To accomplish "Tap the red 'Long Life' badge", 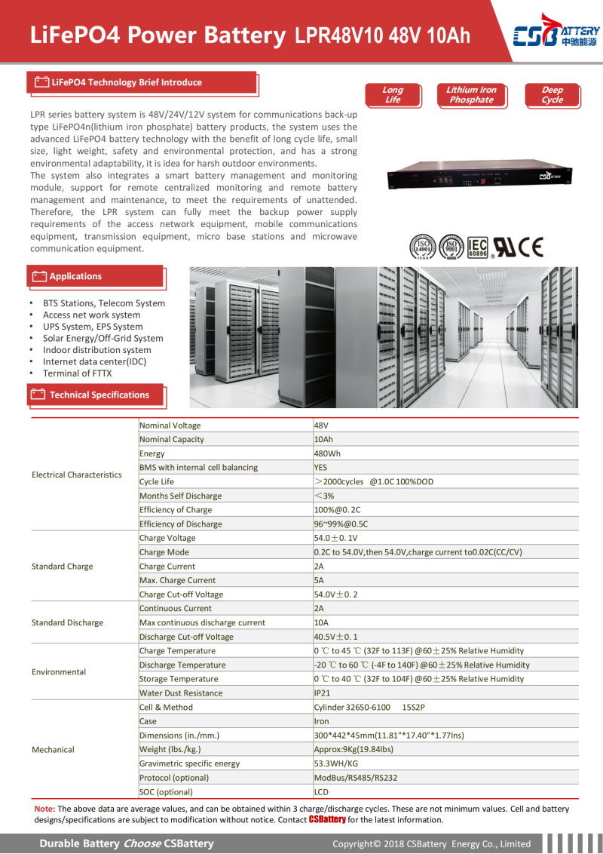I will click(x=392, y=95).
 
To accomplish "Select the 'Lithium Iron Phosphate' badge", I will click(x=471, y=95).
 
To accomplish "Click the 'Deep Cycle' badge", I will click(x=552, y=95).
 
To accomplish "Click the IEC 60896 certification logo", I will click(x=478, y=247).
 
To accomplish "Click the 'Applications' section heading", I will click(x=75, y=277).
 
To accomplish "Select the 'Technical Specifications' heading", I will click(x=99, y=395).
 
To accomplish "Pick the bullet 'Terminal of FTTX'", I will click(x=77, y=373).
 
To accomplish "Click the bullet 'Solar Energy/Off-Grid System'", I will click(x=103, y=338).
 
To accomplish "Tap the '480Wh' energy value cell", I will click(x=327, y=453).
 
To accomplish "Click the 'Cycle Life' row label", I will click(x=157, y=481).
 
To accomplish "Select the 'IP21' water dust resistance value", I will click(x=322, y=693).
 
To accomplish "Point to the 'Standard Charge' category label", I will click(x=63, y=567).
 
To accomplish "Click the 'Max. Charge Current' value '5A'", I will click(x=319, y=580).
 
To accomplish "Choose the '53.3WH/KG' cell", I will click(x=335, y=763).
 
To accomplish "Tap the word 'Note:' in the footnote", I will click(x=44, y=809).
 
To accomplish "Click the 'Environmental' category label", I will click(x=59, y=671).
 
